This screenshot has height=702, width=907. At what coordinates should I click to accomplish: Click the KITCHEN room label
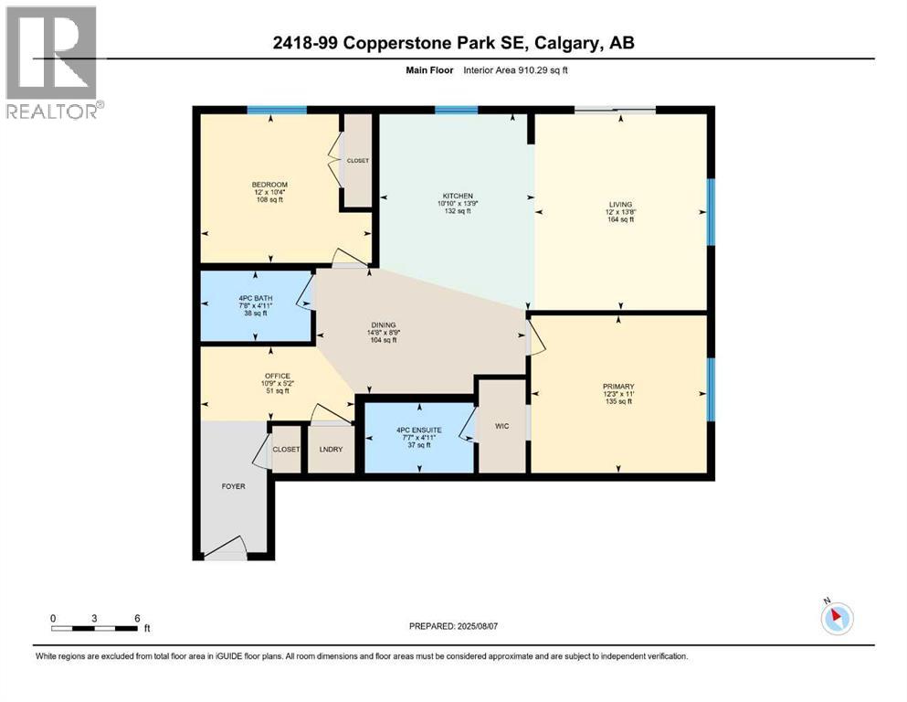click(x=458, y=196)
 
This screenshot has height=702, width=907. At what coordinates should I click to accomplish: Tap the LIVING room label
click(x=621, y=204)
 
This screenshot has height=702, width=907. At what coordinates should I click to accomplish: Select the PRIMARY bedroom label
click(x=618, y=387)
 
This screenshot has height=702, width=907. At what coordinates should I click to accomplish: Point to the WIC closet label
click(x=502, y=426)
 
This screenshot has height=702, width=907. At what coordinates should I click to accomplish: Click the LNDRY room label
click(x=331, y=450)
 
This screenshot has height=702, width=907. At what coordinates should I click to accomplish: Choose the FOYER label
click(x=233, y=486)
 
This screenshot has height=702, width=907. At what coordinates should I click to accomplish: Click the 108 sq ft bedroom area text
click(x=269, y=200)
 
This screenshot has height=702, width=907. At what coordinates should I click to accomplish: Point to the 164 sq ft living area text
click(x=621, y=219)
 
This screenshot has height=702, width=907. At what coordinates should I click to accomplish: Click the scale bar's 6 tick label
click(x=137, y=618)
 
